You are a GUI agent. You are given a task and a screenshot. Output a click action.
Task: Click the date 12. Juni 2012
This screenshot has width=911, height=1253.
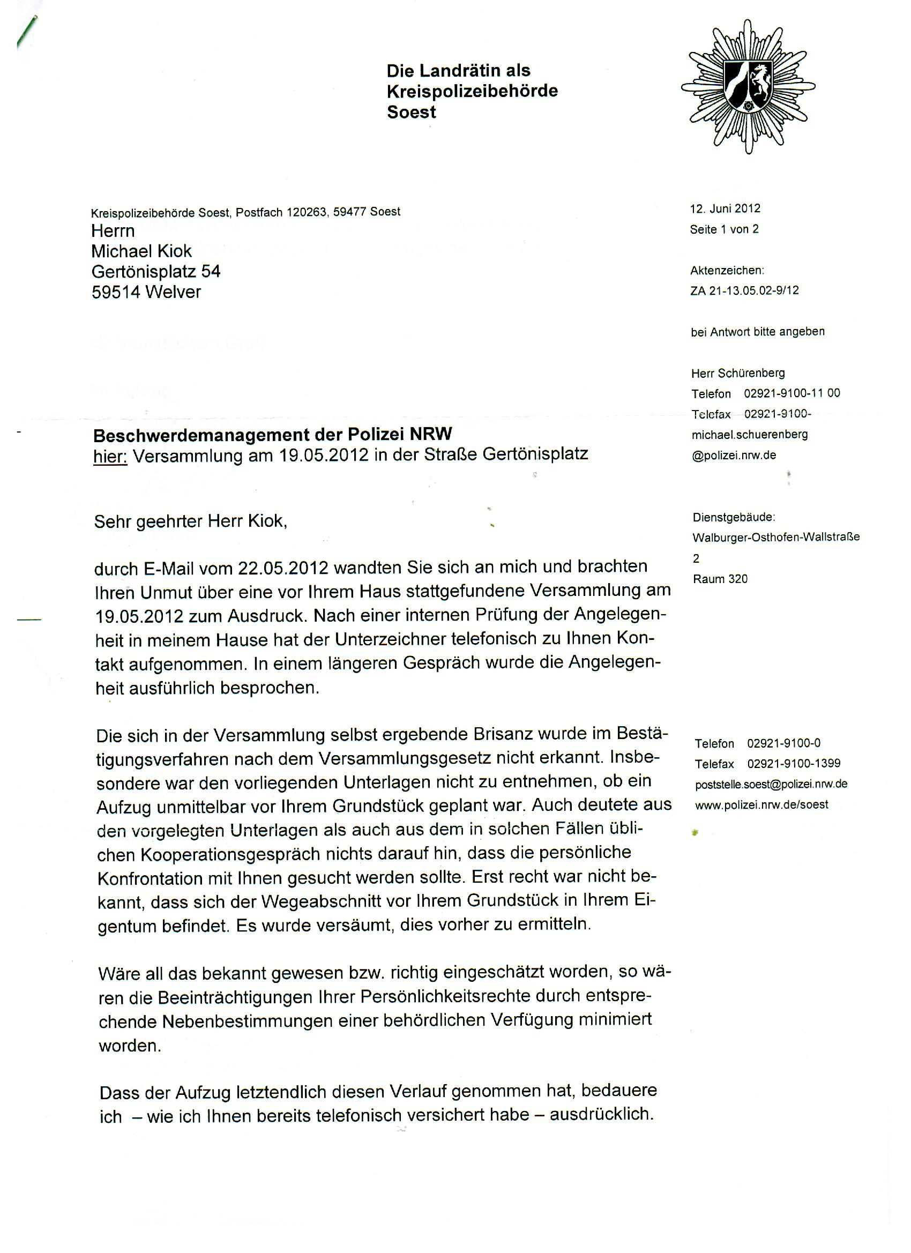click(x=725, y=208)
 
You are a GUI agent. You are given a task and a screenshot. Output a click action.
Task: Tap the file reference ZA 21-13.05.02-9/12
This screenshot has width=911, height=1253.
click(x=744, y=290)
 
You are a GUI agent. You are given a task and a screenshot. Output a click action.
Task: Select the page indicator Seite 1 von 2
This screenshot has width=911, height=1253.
click(x=724, y=229)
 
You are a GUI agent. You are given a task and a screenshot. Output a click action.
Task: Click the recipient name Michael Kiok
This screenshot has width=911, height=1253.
click(x=141, y=251)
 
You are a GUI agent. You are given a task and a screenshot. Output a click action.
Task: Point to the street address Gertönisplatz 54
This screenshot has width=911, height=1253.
click(x=156, y=271)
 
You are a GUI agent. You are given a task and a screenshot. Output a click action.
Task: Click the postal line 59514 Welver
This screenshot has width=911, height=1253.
click(x=146, y=292)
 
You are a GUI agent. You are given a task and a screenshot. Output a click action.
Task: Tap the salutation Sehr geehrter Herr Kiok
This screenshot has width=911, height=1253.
click(x=191, y=521)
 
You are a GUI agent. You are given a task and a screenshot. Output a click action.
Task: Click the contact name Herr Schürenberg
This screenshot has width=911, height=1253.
click(x=737, y=373)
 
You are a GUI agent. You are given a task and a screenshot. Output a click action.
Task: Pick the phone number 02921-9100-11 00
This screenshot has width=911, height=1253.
click(x=791, y=393)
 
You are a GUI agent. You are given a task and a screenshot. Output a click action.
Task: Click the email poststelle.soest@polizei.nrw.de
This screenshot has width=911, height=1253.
click(x=771, y=784)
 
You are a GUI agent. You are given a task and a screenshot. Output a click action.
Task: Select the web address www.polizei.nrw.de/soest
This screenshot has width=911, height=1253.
click(x=761, y=804)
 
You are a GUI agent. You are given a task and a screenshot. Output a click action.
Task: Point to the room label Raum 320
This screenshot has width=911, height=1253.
click(x=720, y=578)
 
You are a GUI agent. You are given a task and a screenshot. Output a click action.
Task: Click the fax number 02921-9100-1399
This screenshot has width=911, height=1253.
click(x=793, y=764)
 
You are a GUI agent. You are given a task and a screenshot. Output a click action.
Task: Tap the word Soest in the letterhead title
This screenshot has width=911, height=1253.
click(x=411, y=112)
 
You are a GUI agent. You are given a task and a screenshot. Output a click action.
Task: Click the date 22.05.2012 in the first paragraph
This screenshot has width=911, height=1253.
click(x=283, y=568)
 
